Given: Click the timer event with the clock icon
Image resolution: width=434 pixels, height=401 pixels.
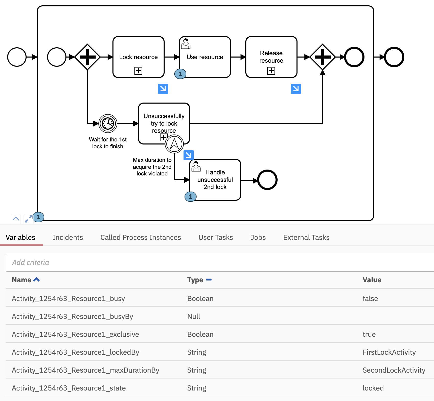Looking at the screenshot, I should click(108, 124).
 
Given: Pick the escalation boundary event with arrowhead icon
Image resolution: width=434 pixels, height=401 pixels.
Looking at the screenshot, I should click(174, 144).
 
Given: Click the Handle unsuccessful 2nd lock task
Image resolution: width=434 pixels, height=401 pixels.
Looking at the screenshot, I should click(215, 180).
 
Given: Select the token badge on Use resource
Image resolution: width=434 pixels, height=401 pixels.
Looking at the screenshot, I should click(180, 74).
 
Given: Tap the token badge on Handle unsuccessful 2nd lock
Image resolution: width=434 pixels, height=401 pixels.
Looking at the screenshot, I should click(190, 197).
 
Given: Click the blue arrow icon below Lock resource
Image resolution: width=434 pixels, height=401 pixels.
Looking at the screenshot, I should click(163, 89).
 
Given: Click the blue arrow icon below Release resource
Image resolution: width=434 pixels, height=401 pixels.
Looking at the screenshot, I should click(296, 89).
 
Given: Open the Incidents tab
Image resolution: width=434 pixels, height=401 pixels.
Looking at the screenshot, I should click(68, 237).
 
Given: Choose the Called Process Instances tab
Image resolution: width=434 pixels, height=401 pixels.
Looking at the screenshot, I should click(141, 237).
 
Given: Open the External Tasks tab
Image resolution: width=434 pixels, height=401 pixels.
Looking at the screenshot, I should click(306, 237).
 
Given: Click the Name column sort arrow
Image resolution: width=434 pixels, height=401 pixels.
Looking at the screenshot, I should click(37, 280).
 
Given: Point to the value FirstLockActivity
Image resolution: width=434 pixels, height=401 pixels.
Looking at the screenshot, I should click(389, 352).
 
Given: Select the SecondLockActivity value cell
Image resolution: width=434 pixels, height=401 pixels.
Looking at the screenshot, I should click(394, 370).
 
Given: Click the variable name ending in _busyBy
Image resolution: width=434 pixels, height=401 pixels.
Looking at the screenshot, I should click(72, 316).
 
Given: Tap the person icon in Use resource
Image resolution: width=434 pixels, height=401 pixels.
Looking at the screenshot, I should click(186, 44).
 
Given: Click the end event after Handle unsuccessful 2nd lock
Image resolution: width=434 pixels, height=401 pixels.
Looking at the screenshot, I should click(267, 180).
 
